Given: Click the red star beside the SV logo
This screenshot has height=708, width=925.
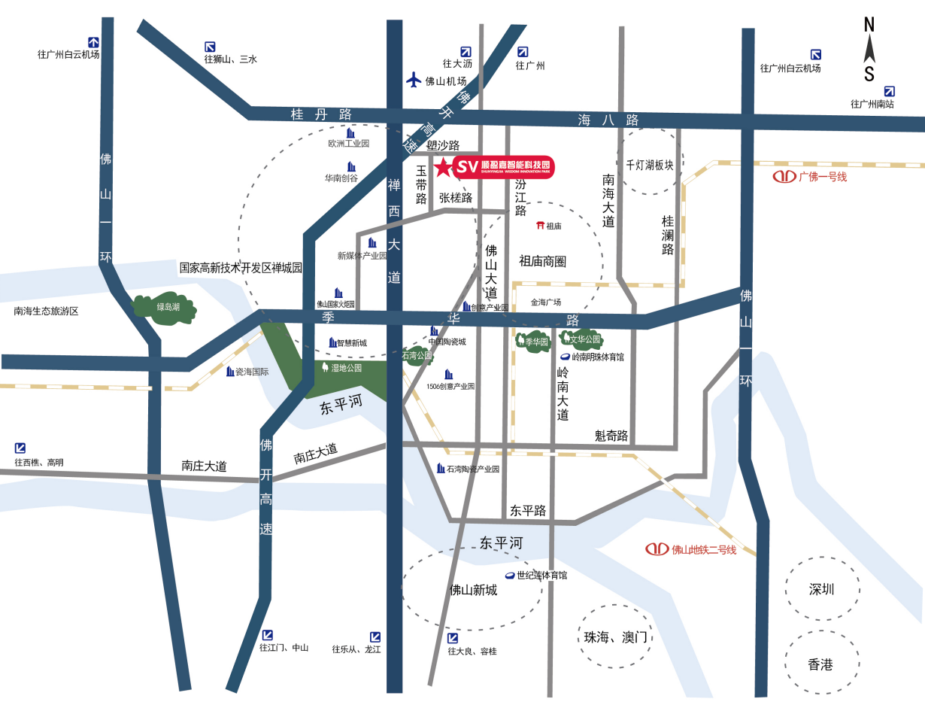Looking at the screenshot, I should click(x=444, y=167).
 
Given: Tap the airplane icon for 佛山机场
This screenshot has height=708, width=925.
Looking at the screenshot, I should click(x=414, y=80).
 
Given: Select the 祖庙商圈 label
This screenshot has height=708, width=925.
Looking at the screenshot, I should click(x=542, y=261).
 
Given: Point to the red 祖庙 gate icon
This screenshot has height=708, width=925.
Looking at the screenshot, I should click(x=540, y=226).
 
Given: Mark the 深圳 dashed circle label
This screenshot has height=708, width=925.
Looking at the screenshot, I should click(x=822, y=589).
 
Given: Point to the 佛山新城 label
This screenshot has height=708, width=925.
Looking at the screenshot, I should click(x=473, y=590).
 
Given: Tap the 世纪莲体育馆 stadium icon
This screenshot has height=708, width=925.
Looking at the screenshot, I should click(x=509, y=576).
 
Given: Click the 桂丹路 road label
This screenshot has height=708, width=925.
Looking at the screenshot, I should click(x=321, y=114).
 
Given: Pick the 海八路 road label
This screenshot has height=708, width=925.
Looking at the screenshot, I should click(x=608, y=120).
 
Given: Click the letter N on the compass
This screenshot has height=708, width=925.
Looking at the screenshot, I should click(x=869, y=24).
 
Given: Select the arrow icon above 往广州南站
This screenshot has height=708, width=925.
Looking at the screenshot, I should click(x=890, y=90).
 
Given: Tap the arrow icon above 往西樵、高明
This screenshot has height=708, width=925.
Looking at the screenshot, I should click(x=20, y=448).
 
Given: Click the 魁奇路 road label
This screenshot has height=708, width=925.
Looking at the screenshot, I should click(x=611, y=436).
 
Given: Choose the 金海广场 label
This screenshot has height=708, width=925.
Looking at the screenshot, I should click(x=546, y=302).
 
